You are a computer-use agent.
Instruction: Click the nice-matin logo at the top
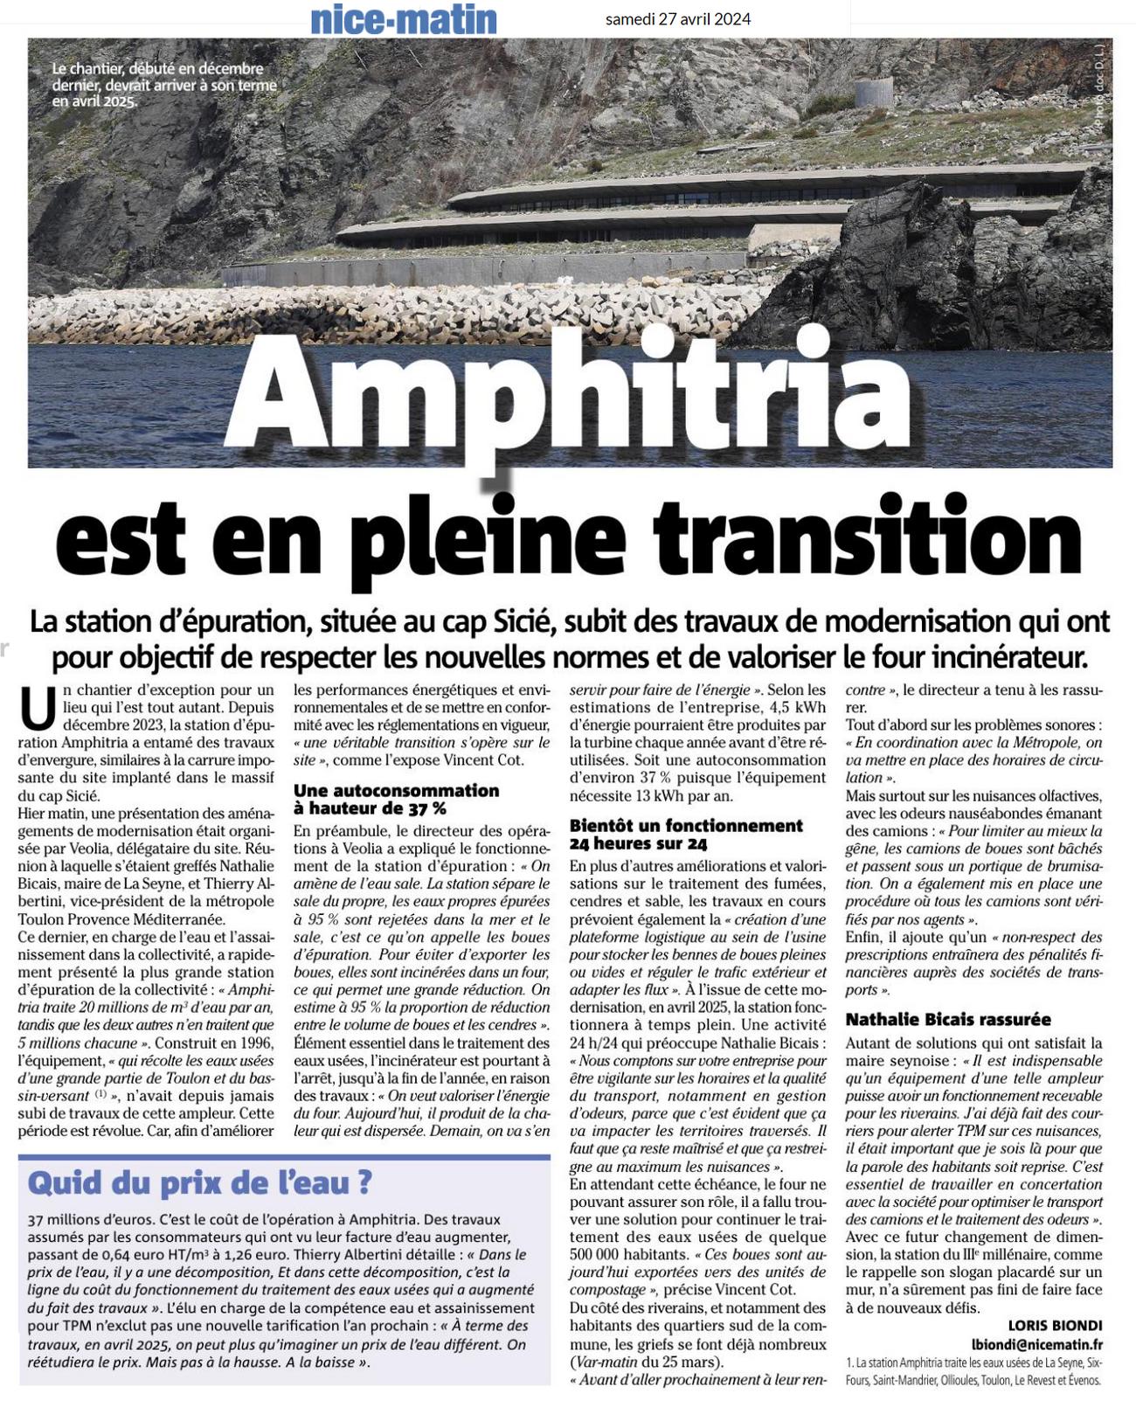tap(404, 19)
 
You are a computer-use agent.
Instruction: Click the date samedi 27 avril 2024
tap(677, 19)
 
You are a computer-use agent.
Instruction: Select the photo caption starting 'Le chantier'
tap(164, 84)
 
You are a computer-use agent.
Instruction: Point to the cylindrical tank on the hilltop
tap(874, 92)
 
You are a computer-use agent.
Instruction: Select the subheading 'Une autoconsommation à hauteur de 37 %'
tap(396, 799)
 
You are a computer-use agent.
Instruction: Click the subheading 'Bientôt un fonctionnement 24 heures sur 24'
tap(686, 835)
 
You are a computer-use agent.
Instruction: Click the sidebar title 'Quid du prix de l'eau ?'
tap(200, 1182)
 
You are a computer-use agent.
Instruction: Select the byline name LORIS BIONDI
tap(1055, 1326)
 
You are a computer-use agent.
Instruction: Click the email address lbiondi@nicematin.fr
tap(1036, 1345)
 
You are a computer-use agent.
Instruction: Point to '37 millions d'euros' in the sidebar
tap(92, 1219)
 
